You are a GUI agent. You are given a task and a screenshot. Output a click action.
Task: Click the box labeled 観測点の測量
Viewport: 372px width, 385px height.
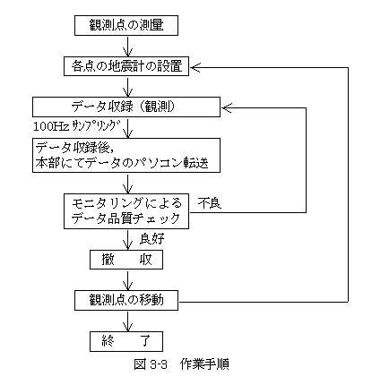coord(126,26)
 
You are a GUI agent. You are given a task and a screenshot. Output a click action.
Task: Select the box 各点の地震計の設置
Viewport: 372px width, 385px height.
coord(126,66)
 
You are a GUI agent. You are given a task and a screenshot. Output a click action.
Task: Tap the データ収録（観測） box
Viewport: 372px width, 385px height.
coord(126,107)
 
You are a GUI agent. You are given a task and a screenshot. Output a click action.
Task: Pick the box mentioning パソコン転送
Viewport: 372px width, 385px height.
coord(126,155)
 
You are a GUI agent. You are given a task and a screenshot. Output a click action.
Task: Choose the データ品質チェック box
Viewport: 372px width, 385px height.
coord(126,211)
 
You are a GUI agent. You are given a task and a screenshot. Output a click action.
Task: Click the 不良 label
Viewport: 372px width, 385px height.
coord(209,203)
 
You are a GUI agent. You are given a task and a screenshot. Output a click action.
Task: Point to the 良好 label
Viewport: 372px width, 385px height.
coord(151,239)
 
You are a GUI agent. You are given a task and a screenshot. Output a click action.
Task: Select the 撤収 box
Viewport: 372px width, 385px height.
coord(126,260)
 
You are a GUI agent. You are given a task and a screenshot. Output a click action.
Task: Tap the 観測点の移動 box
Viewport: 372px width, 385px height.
coord(126,300)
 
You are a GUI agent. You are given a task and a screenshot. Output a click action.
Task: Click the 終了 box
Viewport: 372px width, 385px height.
coord(126,341)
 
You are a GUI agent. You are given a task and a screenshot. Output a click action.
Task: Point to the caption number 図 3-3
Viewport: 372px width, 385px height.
coord(151,364)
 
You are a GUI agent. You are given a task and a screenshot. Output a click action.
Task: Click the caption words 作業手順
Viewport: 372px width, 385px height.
coord(204,364)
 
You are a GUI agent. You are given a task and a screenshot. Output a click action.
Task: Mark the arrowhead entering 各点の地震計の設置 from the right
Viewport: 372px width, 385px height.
coord(195,68)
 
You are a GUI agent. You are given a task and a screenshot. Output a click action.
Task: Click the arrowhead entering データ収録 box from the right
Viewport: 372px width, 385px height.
coord(226,108)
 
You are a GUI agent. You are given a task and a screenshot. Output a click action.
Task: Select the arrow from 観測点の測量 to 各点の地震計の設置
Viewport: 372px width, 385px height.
coord(127,46)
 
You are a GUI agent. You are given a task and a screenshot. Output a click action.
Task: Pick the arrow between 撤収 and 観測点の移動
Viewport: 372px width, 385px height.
coord(127,280)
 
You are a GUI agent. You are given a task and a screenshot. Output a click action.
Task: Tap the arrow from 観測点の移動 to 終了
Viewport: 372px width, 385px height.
coord(127,321)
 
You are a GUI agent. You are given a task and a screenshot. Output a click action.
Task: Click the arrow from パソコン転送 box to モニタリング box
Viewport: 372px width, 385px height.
coord(127,183)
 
